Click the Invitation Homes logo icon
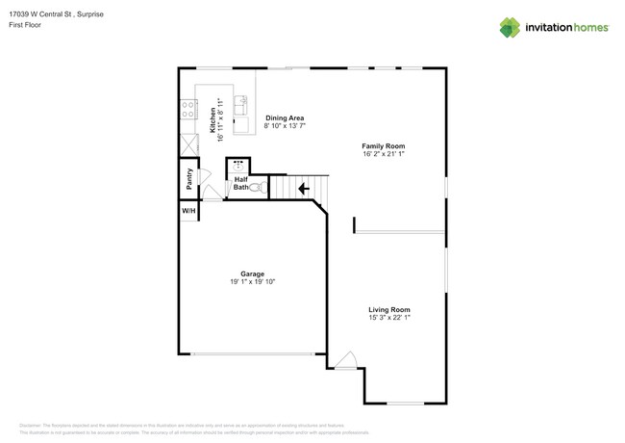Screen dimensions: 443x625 pyautogui.click(x=510, y=28)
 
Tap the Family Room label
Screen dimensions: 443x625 pyautogui.click(x=383, y=146)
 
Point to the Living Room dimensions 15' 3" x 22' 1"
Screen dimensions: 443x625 pyautogui.click(x=388, y=318)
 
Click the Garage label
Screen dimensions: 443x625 pyautogui.click(x=252, y=274)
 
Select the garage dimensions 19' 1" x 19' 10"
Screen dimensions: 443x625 pyautogui.click(x=252, y=282)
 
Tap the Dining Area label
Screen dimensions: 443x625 pyautogui.click(x=285, y=118)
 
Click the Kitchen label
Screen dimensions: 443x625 pyautogui.click(x=212, y=119)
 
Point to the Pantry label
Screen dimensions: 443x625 pyautogui.click(x=189, y=178)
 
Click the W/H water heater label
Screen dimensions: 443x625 pyautogui.click(x=188, y=210)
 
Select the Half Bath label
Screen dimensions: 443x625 pyautogui.click(x=240, y=183)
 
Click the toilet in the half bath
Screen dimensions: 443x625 pyautogui.click(x=257, y=188)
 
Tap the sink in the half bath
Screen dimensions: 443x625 pyautogui.click(x=238, y=166)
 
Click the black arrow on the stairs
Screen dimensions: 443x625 pyautogui.click(x=303, y=189)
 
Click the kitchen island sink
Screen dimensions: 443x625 pyautogui.click(x=240, y=103)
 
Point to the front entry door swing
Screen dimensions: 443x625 pyautogui.click(x=345, y=360)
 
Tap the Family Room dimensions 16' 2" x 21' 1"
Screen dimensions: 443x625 pyautogui.click(x=383, y=154)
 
